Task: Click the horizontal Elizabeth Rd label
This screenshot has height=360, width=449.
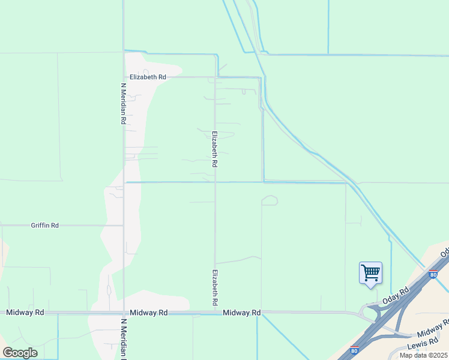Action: [148, 77]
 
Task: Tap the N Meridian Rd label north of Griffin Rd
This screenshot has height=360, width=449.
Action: [123, 103]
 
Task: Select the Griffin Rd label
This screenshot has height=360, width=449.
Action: [45, 226]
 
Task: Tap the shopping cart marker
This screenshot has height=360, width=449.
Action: [370, 274]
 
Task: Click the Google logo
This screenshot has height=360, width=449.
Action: [20, 353]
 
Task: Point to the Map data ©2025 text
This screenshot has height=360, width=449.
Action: [424, 355]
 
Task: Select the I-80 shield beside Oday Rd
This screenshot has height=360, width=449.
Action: [433, 275]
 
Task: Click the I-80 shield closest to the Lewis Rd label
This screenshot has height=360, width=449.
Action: [354, 349]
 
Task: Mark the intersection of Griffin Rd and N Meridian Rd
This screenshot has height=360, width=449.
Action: [123, 226]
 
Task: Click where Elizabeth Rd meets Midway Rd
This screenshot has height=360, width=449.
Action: [215, 313]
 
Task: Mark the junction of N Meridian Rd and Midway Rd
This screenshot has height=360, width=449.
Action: [124, 313]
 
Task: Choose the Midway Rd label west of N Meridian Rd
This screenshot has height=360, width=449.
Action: [25, 313]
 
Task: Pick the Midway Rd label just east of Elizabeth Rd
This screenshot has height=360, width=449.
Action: [241, 313]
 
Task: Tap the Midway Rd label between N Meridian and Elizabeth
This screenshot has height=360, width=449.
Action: [148, 313]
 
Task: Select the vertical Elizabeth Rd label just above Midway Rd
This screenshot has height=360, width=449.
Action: [214, 287]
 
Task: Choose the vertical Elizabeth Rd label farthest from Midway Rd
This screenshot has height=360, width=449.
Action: [214, 149]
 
